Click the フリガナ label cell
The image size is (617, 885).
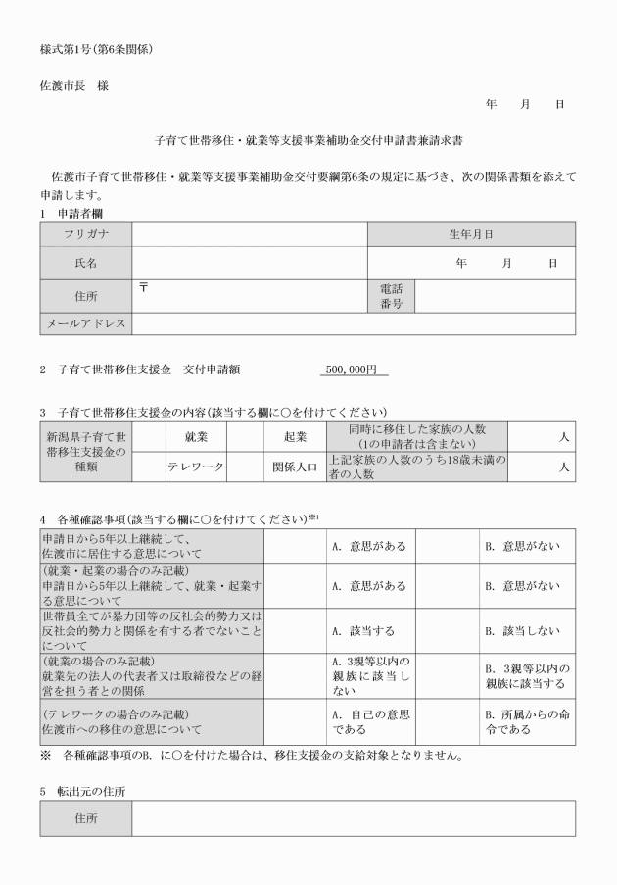86,234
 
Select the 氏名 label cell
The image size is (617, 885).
86,263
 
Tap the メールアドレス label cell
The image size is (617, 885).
86,323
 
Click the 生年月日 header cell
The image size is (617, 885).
470,234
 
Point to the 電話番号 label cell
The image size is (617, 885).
391,296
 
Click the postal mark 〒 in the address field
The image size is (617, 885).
143,286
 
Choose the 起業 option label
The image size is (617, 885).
294,436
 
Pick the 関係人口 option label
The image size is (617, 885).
294,467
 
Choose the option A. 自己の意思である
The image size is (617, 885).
367,721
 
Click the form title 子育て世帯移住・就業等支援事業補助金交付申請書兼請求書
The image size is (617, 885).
308,141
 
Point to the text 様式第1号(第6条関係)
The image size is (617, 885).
96,48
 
